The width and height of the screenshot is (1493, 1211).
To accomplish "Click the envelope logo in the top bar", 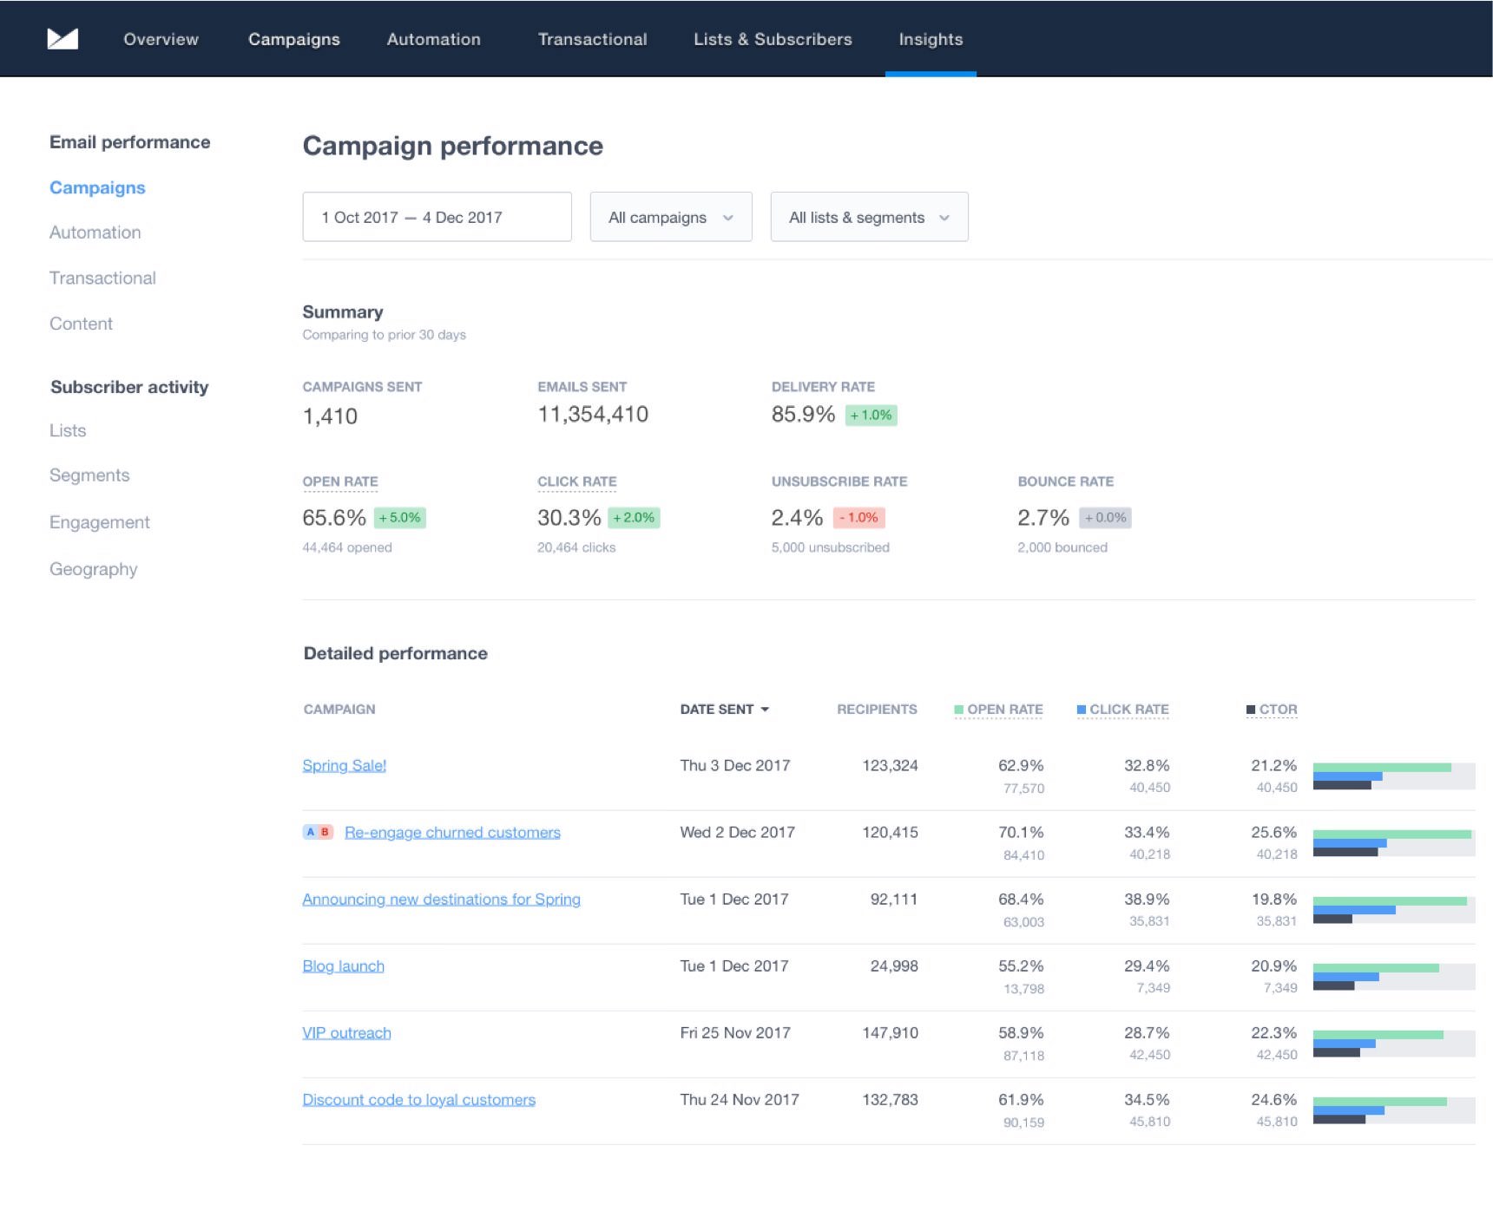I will pos(62,39).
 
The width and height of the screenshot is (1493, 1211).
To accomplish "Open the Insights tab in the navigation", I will pos(931,39).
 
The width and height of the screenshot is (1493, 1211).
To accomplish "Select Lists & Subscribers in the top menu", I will pos(773,39).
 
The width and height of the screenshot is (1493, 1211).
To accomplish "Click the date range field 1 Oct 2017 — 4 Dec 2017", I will pos(437,217).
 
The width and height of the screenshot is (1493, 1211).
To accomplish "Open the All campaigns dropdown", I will pos(670,217).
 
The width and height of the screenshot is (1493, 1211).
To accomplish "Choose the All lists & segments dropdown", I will pos(869,217).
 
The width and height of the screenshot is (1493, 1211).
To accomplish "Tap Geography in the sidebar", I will pos(94,569).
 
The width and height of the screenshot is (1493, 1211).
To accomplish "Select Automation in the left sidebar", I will pos(95,232).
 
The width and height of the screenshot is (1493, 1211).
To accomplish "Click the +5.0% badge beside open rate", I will pos(400,518).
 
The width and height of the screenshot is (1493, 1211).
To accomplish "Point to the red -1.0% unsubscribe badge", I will pos(858,518).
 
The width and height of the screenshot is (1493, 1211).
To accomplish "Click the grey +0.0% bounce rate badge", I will pos(1105,518).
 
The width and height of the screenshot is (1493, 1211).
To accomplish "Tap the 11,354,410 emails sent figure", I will pos(593,415).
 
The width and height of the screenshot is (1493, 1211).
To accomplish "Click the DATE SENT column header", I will pos(724,710).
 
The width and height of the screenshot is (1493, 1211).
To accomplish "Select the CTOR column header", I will pos(1277,710).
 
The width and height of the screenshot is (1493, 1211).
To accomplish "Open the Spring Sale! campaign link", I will pos(344,765).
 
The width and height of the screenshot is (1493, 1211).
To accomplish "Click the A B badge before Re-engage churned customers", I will pos(318,832).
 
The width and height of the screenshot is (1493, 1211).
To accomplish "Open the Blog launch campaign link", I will pos(343,966).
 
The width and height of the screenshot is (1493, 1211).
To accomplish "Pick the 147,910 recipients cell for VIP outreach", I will pos(890,1033).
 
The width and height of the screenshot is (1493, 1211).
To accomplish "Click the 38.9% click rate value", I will pos(1147,900).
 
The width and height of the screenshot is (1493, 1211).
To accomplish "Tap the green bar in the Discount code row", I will pos(1379,1102).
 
